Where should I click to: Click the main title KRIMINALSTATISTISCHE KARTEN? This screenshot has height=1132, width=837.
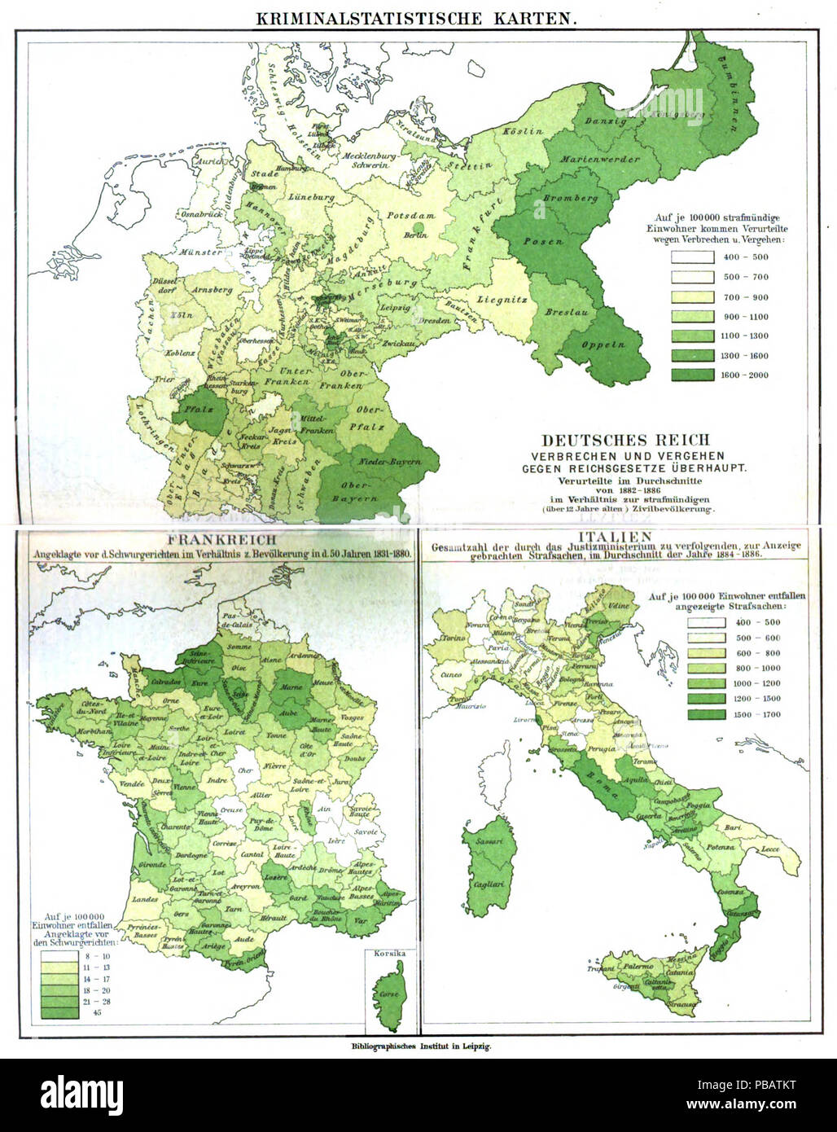[416, 19]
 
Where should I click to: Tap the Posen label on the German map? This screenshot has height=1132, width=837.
[537, 242]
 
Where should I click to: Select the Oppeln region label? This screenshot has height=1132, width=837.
[603, 344]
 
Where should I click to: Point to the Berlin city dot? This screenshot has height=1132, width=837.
[417, 226]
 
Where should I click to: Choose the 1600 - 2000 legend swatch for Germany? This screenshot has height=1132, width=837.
[687, 375]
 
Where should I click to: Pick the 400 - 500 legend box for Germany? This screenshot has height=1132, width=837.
[687, 257]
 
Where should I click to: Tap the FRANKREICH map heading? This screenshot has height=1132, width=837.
[221, 539]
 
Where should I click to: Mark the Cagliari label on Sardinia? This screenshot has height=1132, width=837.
[489, 884]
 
